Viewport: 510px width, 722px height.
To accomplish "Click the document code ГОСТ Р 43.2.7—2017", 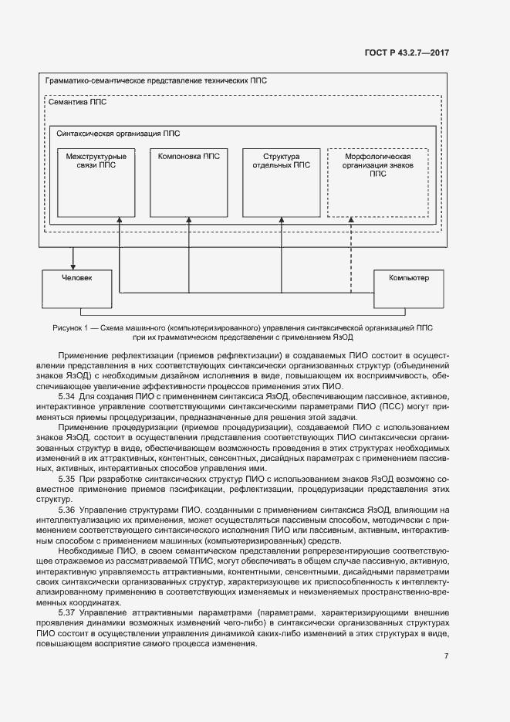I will pos(407,53).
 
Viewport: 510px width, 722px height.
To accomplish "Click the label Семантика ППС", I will pos(78,103).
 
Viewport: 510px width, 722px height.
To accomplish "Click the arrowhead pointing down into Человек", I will pos(74,265).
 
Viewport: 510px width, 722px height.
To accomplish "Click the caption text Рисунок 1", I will pos(69,327).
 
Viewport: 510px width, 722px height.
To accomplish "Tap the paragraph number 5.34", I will pos(67,395).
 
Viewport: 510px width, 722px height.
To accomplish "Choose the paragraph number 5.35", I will pos(67,479).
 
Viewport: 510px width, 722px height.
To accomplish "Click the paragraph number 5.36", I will pos(67,510).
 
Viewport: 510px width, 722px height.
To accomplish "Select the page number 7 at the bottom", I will pos(446,656).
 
